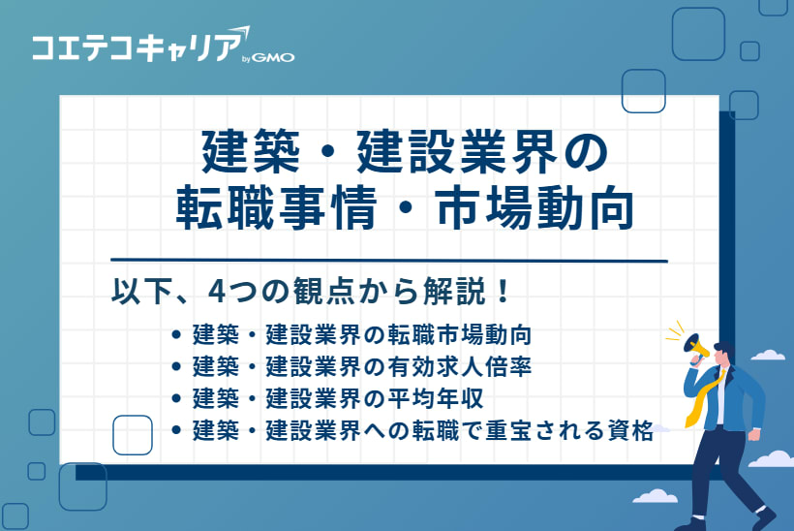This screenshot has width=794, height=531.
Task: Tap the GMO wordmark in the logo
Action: pos(274,57)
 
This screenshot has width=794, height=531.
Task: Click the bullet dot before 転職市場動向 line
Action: pos(175,336)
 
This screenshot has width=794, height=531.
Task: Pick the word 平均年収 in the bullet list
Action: pos(433,398)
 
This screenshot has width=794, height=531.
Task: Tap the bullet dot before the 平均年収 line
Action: pos(175,398)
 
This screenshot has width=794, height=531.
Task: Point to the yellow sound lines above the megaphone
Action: pos(678,329)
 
